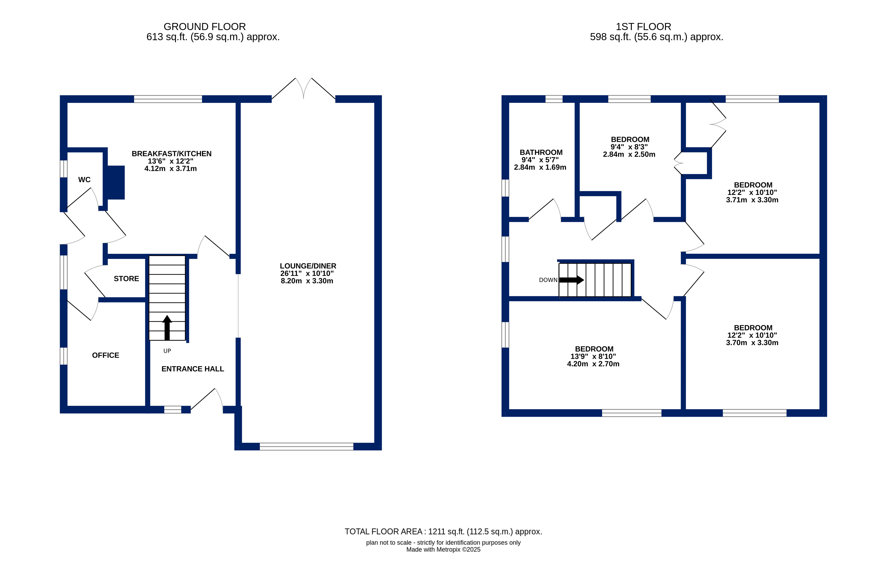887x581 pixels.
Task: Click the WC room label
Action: pyautogui.click(x=84, y=179)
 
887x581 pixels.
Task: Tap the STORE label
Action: pyautogui.click(x=126, y=278)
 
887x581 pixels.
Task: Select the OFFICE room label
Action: pyautogui.click(x=105, y=355)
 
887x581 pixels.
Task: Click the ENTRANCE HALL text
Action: pyautogui.click(x=193, y=369)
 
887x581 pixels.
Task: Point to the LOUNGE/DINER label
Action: pyautogui.click(x=308, y=266)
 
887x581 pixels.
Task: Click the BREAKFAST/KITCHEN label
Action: pyautogui.click(x=171, y=153)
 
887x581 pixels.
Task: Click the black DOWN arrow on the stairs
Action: pyautogui.click(x=572, y=280)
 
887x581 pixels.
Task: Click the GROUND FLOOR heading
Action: pyautogui.click(x=205, y=27)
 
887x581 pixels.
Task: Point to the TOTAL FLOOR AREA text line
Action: pyautogui.click(x=443, y=531)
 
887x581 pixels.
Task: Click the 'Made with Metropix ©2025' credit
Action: pyautogui.click(x=443, y=549)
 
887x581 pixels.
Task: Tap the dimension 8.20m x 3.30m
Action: pyautogui.click(x=307, y=281)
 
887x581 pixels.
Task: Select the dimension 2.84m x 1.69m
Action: pyautogui.click(x=540, y=167)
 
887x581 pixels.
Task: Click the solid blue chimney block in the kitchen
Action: pyautogui.click(x=116, y=182)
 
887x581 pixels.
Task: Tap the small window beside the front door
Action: pyautogui.click(x=172, y=410)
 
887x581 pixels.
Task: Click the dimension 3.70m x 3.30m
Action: pyautogui.click(x=752, y=343)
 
